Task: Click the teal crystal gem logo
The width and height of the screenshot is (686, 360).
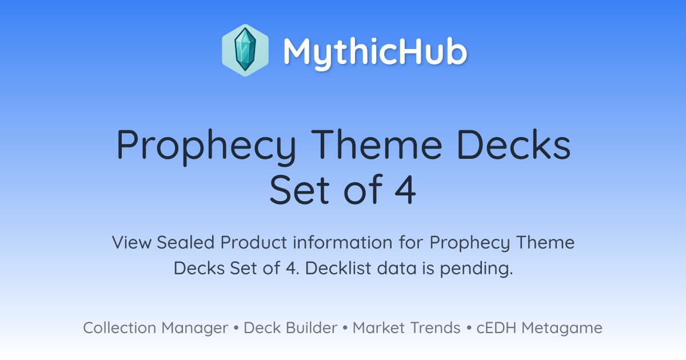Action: coord(245,50)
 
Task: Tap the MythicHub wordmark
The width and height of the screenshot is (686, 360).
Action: coord(375,52)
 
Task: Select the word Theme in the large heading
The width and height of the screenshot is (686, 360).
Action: coord(377,144)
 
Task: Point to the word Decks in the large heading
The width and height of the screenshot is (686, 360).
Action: coord(514,144)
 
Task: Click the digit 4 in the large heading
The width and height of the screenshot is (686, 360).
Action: coord(405,190)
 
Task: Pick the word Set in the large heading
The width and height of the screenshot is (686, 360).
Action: coord(299,190)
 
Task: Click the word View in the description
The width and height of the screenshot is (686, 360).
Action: coord(131,242)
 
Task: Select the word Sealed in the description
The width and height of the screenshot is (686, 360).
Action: coord(185,242)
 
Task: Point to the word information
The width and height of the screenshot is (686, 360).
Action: coord(342,242)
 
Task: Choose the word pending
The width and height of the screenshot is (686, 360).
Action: coord(476,269)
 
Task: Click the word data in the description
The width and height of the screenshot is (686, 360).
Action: coord(397,268)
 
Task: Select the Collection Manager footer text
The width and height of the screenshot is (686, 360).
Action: coord(155,328)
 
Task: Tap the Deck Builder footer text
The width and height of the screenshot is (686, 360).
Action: coord(290,328)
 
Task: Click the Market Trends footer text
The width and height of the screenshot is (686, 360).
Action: coord(406,328)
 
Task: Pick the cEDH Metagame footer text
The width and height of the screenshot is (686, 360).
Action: coord(539,328)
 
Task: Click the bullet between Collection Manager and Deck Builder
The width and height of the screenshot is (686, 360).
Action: coord(236,328)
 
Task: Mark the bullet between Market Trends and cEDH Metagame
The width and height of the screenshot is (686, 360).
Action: coord(469,328)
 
